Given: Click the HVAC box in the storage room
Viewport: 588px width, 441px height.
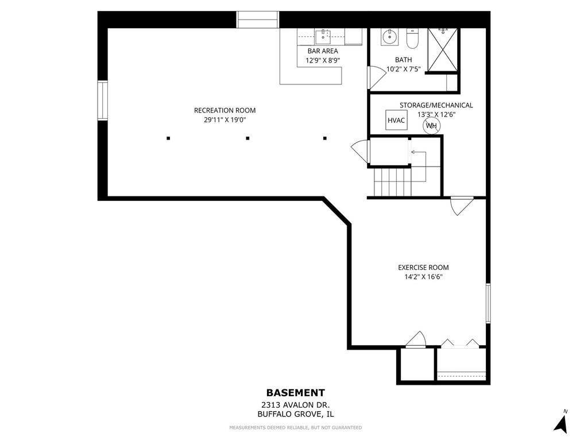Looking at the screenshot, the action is coord(396,120).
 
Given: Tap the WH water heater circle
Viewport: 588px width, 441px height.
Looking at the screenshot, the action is coord(432,126).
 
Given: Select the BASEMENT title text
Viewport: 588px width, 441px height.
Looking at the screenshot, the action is coord(296,393).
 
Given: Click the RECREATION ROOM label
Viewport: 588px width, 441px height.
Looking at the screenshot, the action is coord(225,110).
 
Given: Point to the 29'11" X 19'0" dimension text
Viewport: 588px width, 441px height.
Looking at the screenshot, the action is coord(225,120).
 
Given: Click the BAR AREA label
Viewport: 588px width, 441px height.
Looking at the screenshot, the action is coord(323,51).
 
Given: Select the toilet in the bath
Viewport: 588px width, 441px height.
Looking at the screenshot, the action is coord(412,39).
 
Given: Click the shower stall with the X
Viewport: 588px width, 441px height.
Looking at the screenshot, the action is coord(443,49).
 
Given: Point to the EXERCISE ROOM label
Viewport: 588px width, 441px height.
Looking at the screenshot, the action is coord(423,268).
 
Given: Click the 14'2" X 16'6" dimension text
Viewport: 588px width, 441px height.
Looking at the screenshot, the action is coord(423,277).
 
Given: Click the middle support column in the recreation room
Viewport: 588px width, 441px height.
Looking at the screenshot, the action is coord(247,138).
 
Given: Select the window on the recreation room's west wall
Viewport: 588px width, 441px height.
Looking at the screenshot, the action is coord(102,100).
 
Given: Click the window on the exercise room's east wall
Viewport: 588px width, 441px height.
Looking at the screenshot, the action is coord(488,303).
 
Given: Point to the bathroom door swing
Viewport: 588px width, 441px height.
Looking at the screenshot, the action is coord(377,78).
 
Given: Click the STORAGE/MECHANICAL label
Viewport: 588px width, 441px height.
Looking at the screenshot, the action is coord(436,106).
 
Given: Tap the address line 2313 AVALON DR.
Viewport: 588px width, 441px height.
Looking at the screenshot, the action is coord(296,405).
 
